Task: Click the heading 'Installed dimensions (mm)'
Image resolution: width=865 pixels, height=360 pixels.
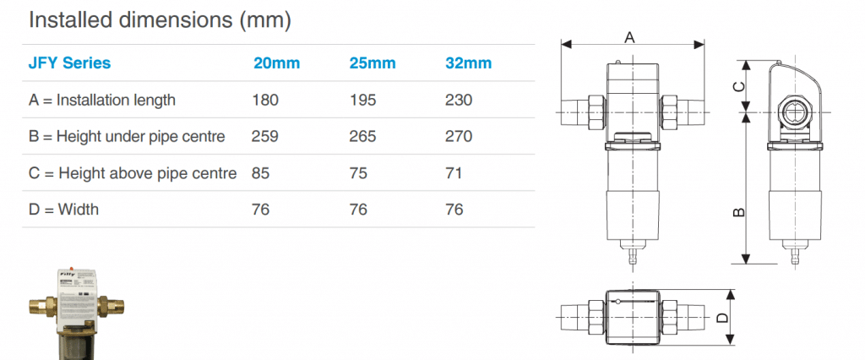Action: click(x=160, y=20)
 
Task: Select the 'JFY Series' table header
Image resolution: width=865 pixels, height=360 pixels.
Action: click(x=69, y=63)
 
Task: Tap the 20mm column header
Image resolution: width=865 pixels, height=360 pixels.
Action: click(x=276, y=63)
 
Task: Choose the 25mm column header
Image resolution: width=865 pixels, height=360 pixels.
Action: click(x=373, y=63)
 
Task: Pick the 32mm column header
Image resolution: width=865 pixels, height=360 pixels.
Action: click(x=468, y=63)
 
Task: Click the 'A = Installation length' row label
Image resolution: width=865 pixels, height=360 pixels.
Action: click(x=102, y=100)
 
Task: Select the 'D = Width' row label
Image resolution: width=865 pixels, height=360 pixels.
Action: click(x=63, y=209)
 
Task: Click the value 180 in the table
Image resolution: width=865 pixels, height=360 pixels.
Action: click(x=266, y=100)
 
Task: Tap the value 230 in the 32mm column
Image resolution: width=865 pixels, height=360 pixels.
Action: click(x=458, y=100)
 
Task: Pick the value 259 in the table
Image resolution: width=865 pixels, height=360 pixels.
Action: click(x=266, y=136)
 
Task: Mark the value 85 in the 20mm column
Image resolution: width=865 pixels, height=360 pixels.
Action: click(x=261, y=173)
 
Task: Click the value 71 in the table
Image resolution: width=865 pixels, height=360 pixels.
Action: click(x=454, y=173)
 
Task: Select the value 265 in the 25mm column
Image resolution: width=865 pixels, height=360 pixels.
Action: click(x=362, y=136)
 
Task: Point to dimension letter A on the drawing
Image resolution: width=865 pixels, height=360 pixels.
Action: click(x=629, y=36)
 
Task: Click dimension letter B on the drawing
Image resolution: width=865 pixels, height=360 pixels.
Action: click(x=737, y=213)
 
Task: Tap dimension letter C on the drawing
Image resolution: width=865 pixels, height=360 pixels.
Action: click(x=737, y=86)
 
